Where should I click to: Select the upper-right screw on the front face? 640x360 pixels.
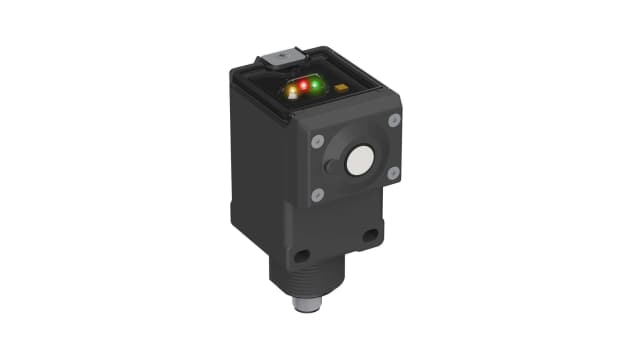pos(393,120)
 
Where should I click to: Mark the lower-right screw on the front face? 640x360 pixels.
pos(393,173)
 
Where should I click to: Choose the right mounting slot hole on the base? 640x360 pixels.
pos(370,237)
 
